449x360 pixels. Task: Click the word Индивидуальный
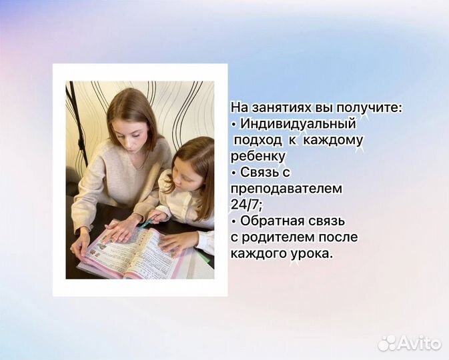point(298,123)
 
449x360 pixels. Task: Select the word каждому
point(335,140)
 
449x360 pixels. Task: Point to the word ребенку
point(258,156)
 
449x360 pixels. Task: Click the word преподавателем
point(286,189)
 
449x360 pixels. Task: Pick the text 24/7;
point(247,205)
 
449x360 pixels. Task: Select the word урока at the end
point(312,253)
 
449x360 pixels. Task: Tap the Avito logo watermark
point(410,343)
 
